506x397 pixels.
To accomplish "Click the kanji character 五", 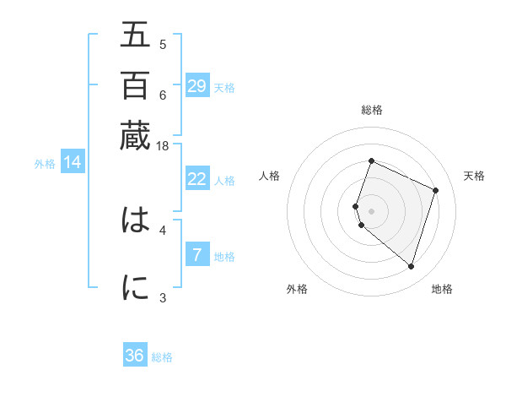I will (x=135, y=35).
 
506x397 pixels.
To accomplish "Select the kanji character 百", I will (x=135, y=85).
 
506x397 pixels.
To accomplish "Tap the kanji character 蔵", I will (x=135, y=135).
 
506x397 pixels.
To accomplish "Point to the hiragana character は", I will (x=135, y=220).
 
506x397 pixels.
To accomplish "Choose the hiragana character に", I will (x=135, y=288).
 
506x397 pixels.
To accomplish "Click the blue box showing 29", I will (x=196, y=85).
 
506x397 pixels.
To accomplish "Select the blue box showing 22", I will (x=196, y=179).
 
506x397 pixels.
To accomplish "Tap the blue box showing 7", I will (x=196, y=254).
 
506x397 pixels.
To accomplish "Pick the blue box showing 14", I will (x=73, y=162).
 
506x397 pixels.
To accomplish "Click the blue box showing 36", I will (x=135, y=356).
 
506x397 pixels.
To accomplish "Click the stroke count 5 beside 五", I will (x=163, y=45).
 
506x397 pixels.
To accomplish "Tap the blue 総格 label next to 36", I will (x=162, y=357).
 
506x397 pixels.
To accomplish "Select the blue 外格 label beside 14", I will (x=45, y=164).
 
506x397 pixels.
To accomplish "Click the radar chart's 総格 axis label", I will (x=372, y=110).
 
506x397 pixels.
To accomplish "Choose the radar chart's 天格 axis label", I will (x=475, y=176).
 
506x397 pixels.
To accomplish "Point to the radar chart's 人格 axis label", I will (x=270, y=176).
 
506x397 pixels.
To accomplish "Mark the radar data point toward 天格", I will (x=436, y=190).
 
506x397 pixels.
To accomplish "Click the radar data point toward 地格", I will (x=411, y=267).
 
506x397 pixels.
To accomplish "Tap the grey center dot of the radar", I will (x=372, y=210).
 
